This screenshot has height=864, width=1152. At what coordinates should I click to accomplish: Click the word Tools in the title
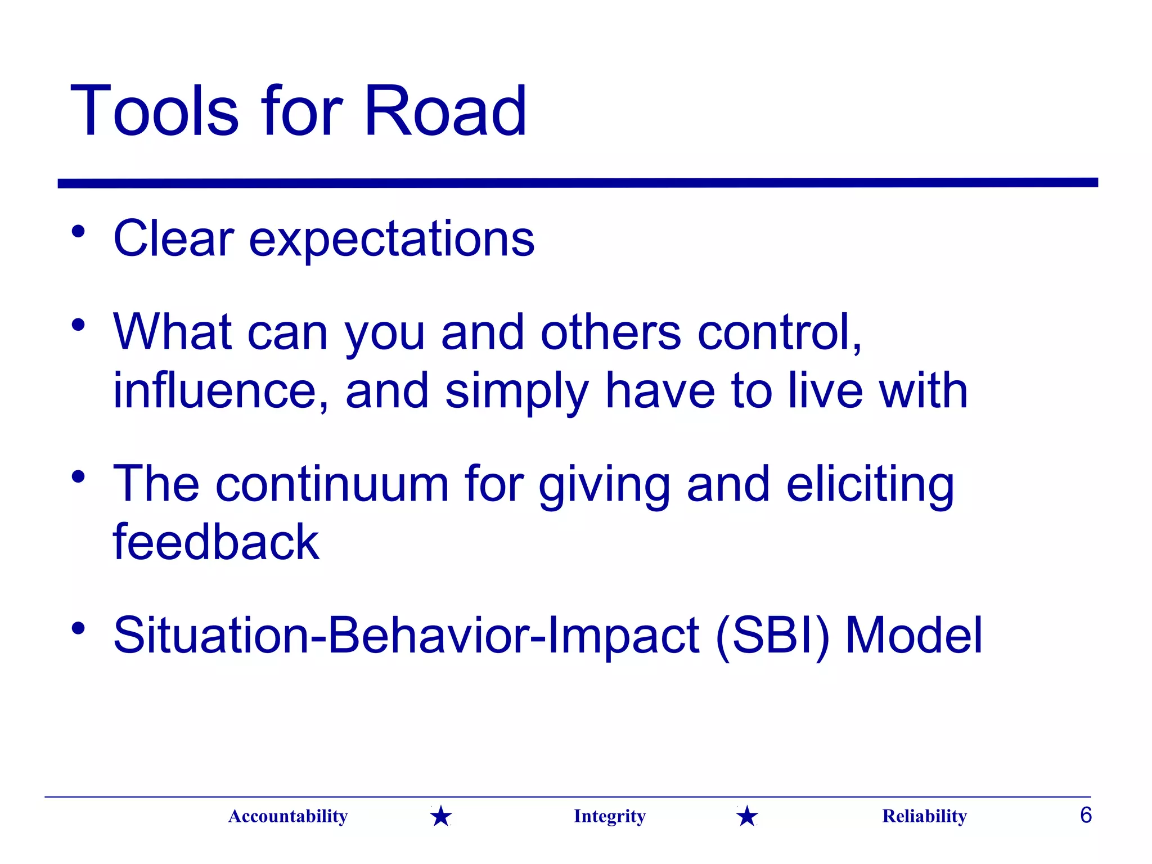click(x=155, y=111)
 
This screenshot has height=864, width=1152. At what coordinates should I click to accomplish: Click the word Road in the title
click(x=445, y=111)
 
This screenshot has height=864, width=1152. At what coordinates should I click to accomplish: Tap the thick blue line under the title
click(x=577, y=183)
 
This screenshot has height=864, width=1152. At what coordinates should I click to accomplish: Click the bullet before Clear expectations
click(x=78, y=232)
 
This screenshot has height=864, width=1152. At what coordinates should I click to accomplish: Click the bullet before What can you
click(x=78, y=325)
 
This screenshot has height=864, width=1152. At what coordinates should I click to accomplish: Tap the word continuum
click(x=332, y=484)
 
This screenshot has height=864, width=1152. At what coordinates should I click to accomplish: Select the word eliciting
click(x=870, y=485)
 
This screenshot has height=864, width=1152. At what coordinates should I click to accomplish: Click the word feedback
click(x=216, y=542)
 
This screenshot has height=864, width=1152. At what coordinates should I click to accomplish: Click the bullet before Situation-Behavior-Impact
click(x=78, y=628)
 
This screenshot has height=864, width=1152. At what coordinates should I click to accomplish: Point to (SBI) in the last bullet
click(x=772, y=636)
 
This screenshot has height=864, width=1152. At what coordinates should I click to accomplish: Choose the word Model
click(x=913, y=636)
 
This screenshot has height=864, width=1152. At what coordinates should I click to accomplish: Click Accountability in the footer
click(x=288, y=816)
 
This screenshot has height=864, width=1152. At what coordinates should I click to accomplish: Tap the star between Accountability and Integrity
click(x=441, y=816)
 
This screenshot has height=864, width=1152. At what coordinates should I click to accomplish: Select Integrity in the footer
click(x=609, y=816)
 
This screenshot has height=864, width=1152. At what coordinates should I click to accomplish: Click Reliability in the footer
click(x=924, y=816)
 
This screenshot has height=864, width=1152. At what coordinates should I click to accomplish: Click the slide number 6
click(x=1086, y=815)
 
